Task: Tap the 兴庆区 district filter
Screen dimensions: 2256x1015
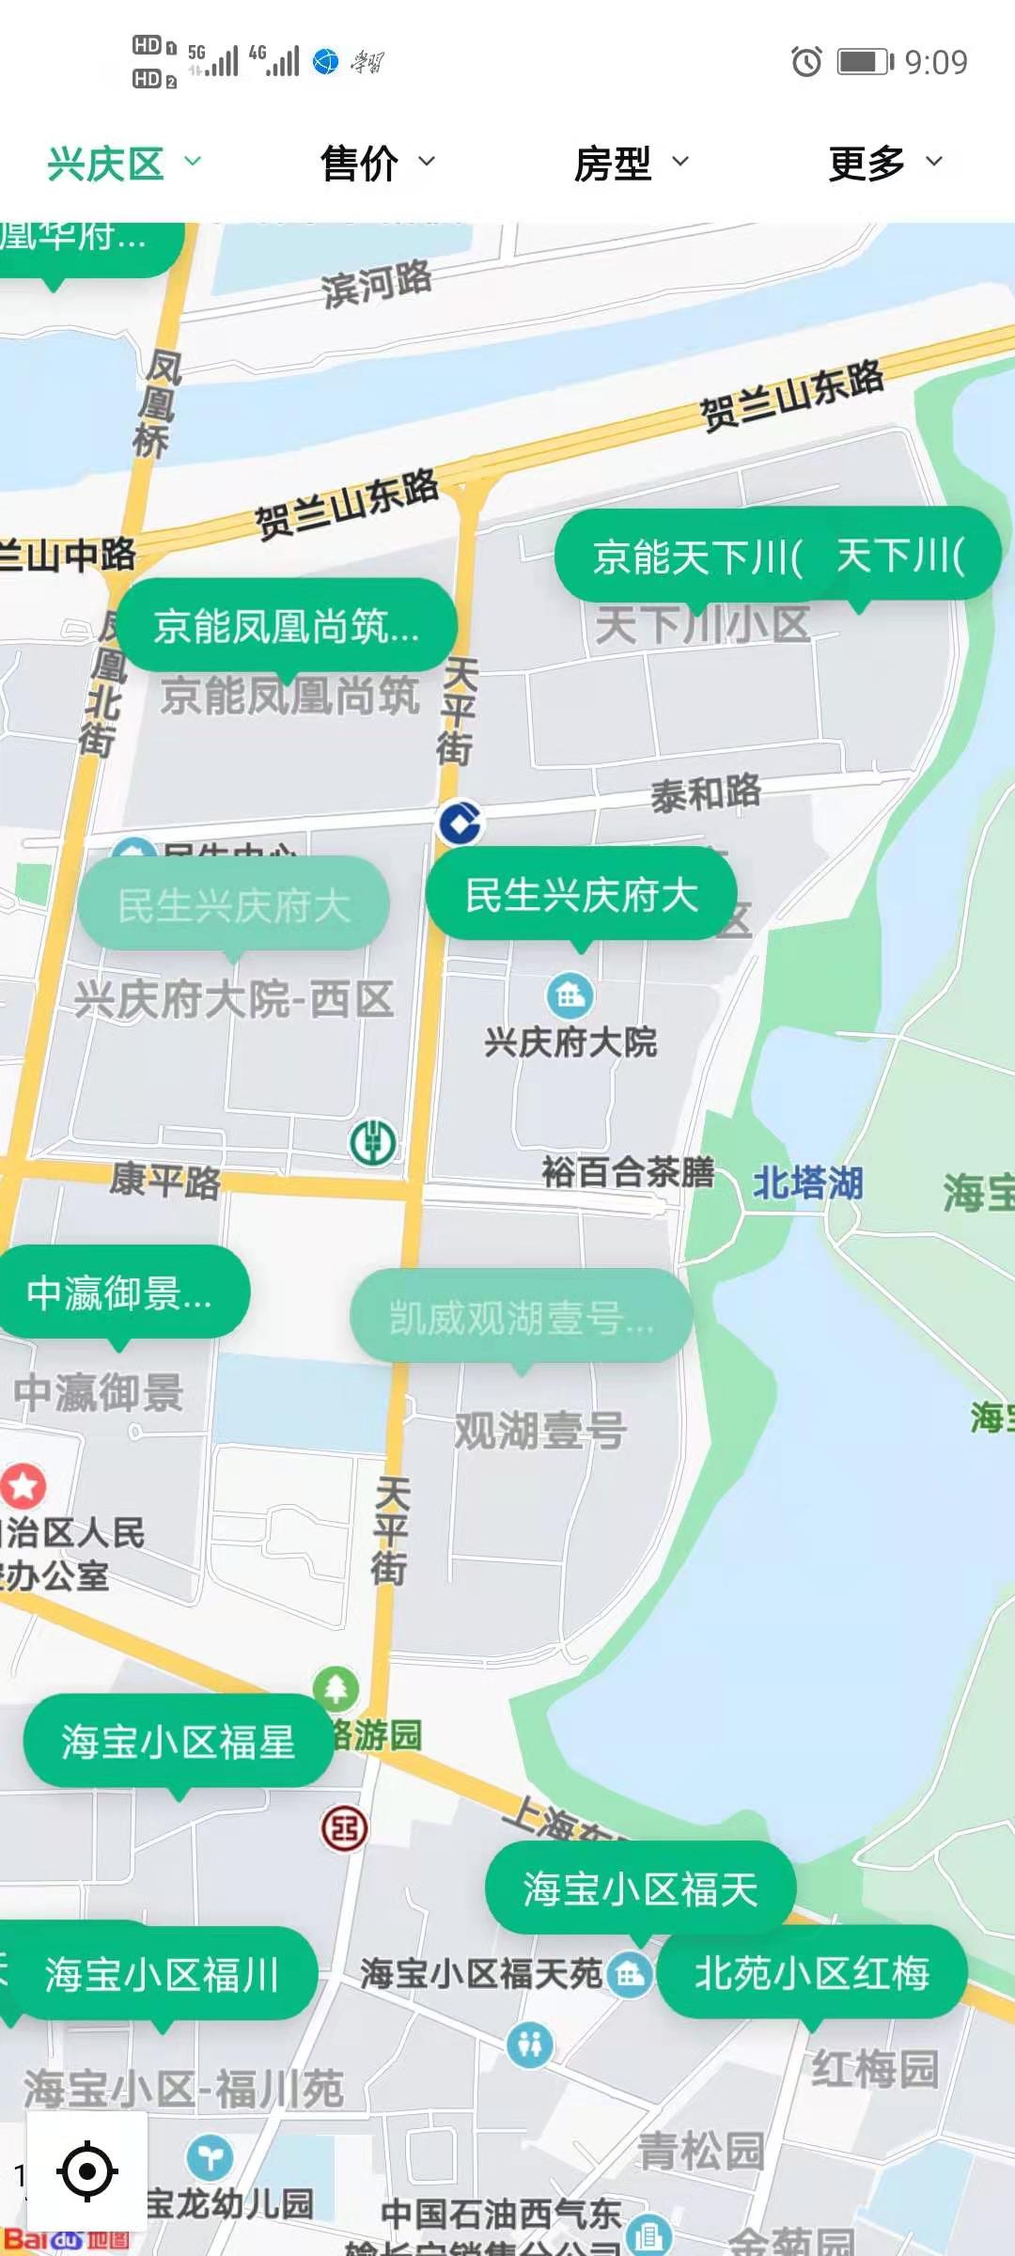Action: (x=122, y=164)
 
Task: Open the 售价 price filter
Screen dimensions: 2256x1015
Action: (x=376, y=164)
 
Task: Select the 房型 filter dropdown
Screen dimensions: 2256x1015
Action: (x=630, y=164)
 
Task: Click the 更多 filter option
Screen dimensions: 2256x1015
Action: (x=883, y=164)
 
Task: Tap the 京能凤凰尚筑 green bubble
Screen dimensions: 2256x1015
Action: (x=286, y=626)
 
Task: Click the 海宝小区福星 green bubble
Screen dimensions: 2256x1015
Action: (x=179, y=1742)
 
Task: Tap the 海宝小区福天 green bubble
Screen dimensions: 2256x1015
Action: (x=640, y=1889)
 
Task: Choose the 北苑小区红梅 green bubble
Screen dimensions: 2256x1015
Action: (x=812, y=1973)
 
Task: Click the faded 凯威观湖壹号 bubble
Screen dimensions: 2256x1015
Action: (x=522, y=1317)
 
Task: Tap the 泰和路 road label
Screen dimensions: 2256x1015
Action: (x=706, y=792)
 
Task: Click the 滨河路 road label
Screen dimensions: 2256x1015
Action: (x=376, y=283)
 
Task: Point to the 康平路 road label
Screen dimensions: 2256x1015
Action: (x=165, y=1181)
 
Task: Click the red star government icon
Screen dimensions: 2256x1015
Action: (x=23, y=1485)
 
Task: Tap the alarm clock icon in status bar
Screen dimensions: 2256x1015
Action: (x=806, y=62)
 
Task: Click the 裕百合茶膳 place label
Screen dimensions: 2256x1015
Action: (x=628, y=1172)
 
